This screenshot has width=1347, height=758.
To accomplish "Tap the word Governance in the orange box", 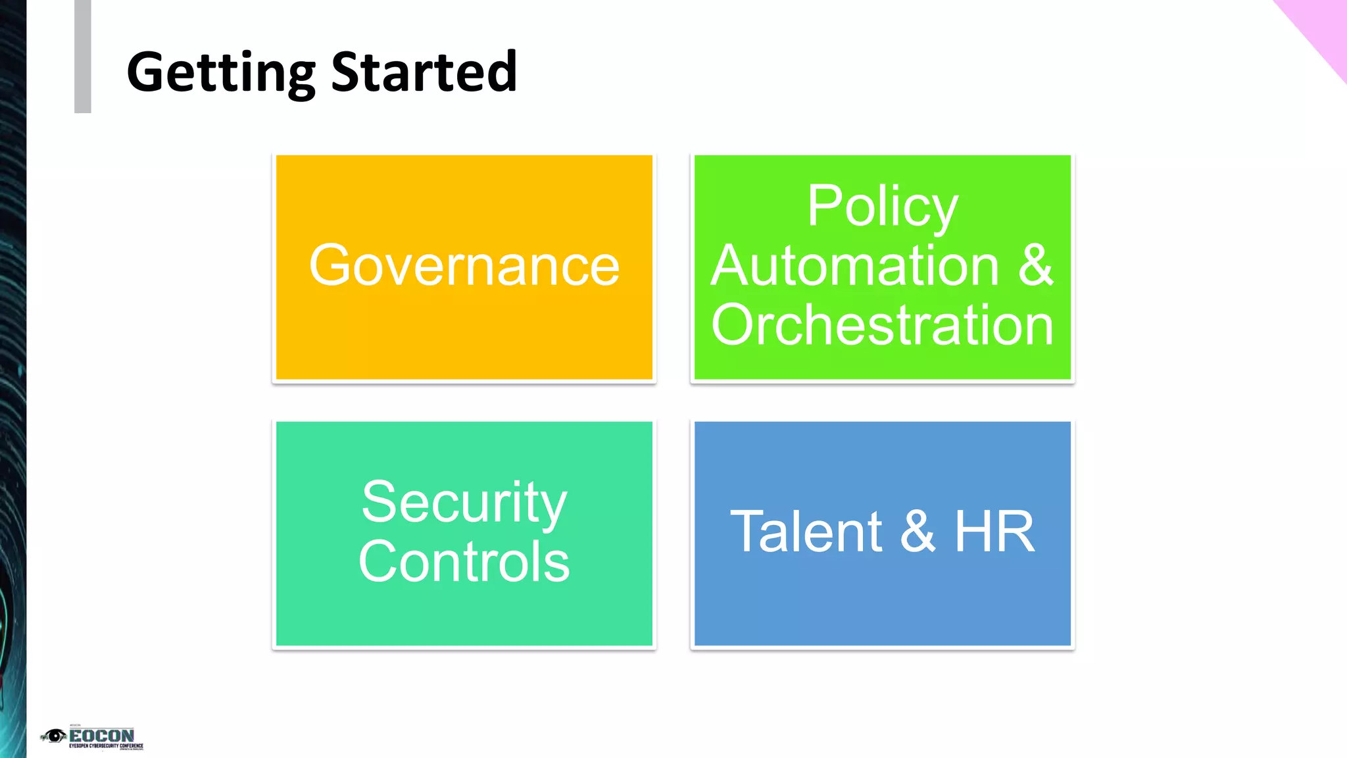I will pos(464,266).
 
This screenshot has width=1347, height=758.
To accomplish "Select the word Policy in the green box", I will pos(882,207).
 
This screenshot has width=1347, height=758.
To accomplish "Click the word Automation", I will pos(855,266).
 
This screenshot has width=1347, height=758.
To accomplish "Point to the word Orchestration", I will pos(882,325).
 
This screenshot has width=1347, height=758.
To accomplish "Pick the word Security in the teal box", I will pos(464,503).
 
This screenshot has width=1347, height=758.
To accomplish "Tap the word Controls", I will pos(464,562).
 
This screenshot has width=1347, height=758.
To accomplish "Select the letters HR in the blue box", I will pos(994,532).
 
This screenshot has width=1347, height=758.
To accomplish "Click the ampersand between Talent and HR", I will pos(918,532).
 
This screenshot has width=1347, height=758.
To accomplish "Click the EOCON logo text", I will pos(101,735).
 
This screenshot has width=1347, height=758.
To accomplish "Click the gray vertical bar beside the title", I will pos(83,57).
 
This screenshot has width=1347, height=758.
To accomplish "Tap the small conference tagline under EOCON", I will pos(106,746).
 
